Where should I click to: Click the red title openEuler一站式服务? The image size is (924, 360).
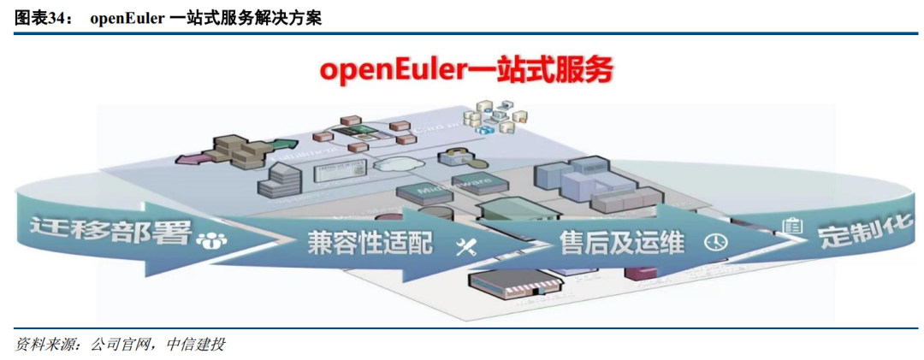click(467, 71)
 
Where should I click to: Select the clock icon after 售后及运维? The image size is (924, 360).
click(715, 242)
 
